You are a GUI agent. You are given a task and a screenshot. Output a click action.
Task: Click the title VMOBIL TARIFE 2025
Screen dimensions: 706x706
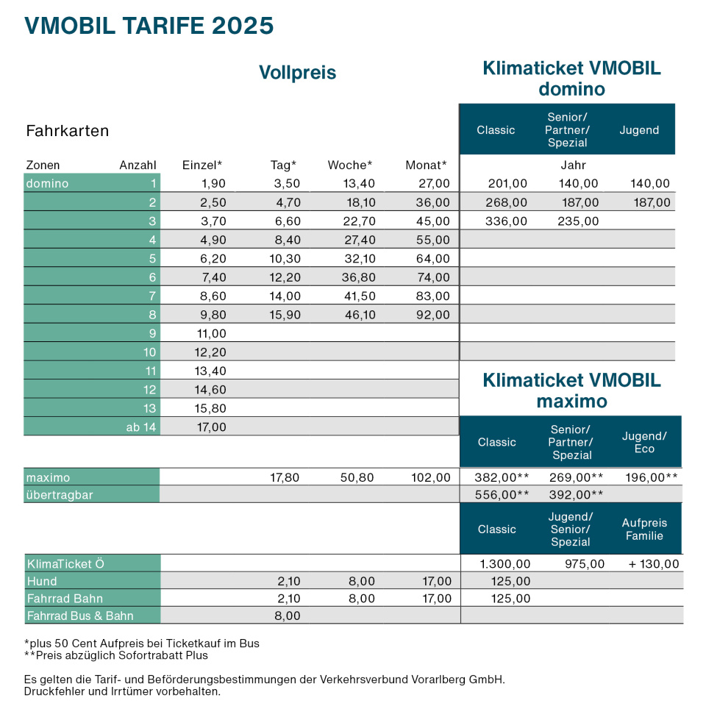point(149,26)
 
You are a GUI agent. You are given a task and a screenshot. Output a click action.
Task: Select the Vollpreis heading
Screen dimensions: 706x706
point(297,73)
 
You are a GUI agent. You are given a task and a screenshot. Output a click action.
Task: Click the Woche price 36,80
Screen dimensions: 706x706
point(356,277)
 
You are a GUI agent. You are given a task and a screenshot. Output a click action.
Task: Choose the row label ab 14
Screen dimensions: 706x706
point(141,427)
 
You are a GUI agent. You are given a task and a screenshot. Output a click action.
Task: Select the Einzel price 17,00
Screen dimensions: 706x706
point(209,427)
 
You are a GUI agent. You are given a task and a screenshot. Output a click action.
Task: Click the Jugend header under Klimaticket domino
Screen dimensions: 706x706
point(638,130)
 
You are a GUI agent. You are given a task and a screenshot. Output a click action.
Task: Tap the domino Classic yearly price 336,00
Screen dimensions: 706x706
point(508,221)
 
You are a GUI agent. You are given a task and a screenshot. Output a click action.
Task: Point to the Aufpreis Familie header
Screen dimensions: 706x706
point(644,529)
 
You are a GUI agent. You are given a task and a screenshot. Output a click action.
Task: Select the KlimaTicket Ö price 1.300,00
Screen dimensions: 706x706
point(505,564)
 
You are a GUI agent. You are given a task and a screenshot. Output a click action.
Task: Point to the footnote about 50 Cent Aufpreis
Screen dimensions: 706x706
point(141,643)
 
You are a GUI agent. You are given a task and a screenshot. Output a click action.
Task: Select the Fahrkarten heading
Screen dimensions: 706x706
point(68,132)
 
